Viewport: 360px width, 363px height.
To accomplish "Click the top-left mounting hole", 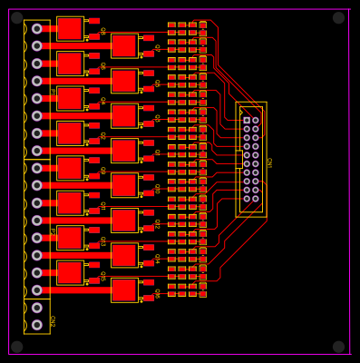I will tap(16, 17).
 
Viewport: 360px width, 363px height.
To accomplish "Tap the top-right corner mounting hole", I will tap(338, 17).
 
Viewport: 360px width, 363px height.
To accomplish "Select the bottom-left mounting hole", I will tap(16, 347).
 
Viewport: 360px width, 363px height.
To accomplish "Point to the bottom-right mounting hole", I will tap(338, 347).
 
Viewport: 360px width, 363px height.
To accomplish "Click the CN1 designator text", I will tap(268, 162).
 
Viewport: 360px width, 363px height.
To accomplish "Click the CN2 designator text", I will tap(52, 320).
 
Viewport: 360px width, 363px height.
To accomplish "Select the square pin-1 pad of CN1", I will tap(246, 120).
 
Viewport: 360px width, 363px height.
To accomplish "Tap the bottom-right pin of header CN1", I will tap(256, 199).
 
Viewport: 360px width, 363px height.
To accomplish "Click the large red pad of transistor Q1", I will tap(69, 28).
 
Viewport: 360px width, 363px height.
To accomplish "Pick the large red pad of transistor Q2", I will tap(123, 45).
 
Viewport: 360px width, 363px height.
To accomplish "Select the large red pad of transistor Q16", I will tap(123, 289).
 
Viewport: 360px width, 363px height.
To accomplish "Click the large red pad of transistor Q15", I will tap(69, 272).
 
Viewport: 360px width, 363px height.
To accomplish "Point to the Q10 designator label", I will tap(156, 188).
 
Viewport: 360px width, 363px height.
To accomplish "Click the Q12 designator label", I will tap(156, 223).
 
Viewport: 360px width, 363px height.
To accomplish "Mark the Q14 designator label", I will tap(156, 258).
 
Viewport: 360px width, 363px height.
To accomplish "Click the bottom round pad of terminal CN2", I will tap(36, 325).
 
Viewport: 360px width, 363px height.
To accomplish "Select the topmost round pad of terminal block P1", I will tap(36, 29).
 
